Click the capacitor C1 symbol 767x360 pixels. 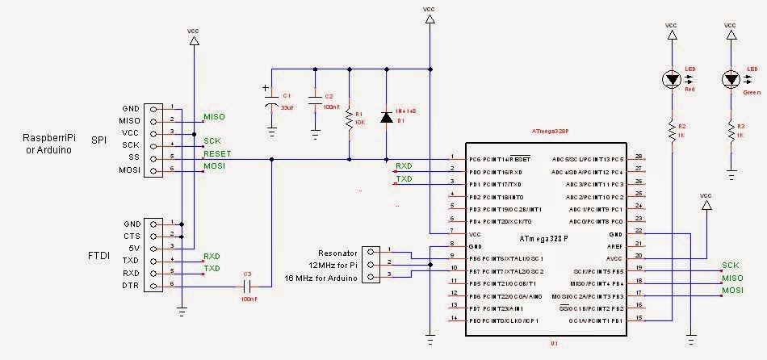[x=271, y=104]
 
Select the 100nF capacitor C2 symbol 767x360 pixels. [x=314, y=105]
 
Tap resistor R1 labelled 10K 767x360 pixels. [x=349, y=119]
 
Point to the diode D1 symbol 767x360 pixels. [x=386, y=119]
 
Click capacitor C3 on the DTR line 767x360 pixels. [x=247, y=286]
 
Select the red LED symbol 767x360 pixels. [x=671, y=79]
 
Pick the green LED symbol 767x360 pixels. [x=731, y=79]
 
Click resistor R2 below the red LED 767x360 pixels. [x=671, y=132]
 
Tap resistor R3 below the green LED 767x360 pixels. [x=731, y=132]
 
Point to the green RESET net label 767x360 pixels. [x=217, y=153]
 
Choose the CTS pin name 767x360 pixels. [x=132, y=235]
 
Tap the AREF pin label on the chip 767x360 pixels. [x=615, y=245]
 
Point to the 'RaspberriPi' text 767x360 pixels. [x=48, y=138]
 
